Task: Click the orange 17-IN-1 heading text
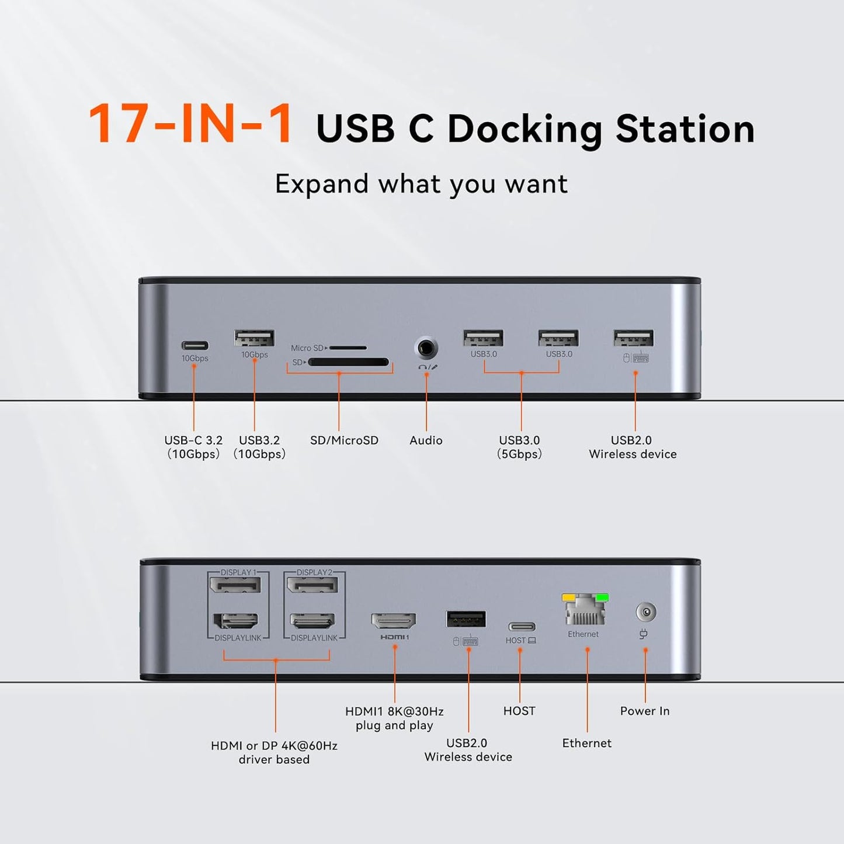[190, 124]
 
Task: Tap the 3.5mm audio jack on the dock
[426, 348]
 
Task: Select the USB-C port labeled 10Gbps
[194, 345]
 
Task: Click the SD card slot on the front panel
[348, 362]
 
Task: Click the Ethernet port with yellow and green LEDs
[585, 610]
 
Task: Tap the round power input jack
[645, 613]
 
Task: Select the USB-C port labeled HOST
[521, 627]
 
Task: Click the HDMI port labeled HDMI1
[394, 621]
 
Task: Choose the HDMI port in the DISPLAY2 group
[313, 621]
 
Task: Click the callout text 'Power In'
[645, 711]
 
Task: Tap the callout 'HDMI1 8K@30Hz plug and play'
[394, 718]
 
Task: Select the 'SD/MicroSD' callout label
[344, 440]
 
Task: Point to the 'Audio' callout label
[426, 440]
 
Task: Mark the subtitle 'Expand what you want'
[421, 184]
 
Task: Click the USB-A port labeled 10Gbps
[255, 338]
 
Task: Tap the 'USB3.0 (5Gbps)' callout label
[519, 447]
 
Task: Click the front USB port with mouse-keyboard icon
[633, 338]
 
